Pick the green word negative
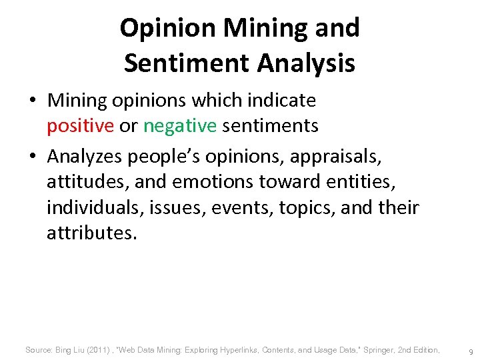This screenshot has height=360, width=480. [180, 125]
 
